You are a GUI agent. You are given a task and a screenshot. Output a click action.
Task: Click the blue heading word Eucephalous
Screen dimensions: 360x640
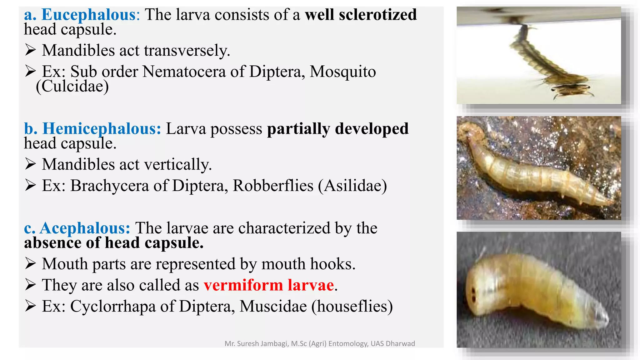click(89, 15)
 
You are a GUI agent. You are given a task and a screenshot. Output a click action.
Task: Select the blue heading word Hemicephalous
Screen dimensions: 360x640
click(102, 129)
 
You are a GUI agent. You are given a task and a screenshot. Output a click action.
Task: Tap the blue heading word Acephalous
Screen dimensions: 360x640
click(85, 228)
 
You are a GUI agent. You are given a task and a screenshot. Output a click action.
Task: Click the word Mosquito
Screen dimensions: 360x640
click(342, 72)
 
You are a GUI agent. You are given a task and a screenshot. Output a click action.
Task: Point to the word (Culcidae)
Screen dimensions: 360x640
click(72, 86)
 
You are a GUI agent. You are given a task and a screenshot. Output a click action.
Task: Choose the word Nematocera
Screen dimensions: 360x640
click(184, 72)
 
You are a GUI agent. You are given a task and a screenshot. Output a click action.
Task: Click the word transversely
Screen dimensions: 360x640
click(187, 51)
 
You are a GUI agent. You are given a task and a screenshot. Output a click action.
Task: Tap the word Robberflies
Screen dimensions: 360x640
click(273, 186)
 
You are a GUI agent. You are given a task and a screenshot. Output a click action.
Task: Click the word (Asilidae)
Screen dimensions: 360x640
click(352, 186)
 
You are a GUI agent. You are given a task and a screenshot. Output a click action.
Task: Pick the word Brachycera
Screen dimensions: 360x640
click(110, 186)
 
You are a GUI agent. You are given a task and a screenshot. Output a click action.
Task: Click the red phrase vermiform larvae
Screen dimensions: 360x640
click(269, 285)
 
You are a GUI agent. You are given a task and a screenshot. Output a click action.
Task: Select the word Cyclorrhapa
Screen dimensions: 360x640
click(113, 306)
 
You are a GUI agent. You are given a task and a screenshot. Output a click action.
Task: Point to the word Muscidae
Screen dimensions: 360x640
click(273, 306)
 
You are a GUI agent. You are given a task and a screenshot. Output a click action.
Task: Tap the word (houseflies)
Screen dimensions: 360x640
click(352, 306)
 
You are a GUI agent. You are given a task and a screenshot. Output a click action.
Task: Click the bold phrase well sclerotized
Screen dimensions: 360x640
click(361, 15)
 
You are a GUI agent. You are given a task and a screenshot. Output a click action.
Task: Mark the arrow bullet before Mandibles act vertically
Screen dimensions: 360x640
click(30, 164)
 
